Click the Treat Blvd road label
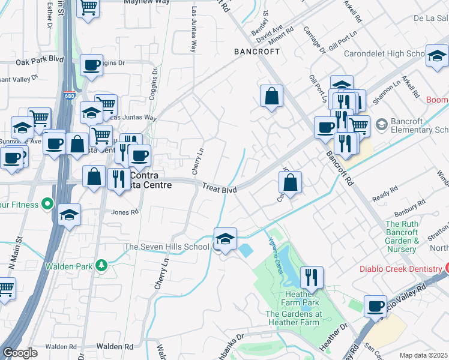(x=219, y=188)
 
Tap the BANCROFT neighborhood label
(x=257, y=52)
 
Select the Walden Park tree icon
(x=102, y=265)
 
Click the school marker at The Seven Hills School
(x=225, y=239)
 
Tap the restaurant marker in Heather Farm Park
(x=311, y=277)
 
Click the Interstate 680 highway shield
(x=70, y=95)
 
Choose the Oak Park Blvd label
(x=40, y=61)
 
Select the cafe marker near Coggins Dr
(x=91, y=65)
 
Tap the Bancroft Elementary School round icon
(x=381, y=124)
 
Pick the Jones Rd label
(x=125, y=212)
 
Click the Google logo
(x=20, y=353)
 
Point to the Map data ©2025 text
(x=424, y=355)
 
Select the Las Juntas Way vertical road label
(x=194, y=30)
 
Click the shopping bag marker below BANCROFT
(x=271, y=95)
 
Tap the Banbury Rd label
(x=406, y=213)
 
